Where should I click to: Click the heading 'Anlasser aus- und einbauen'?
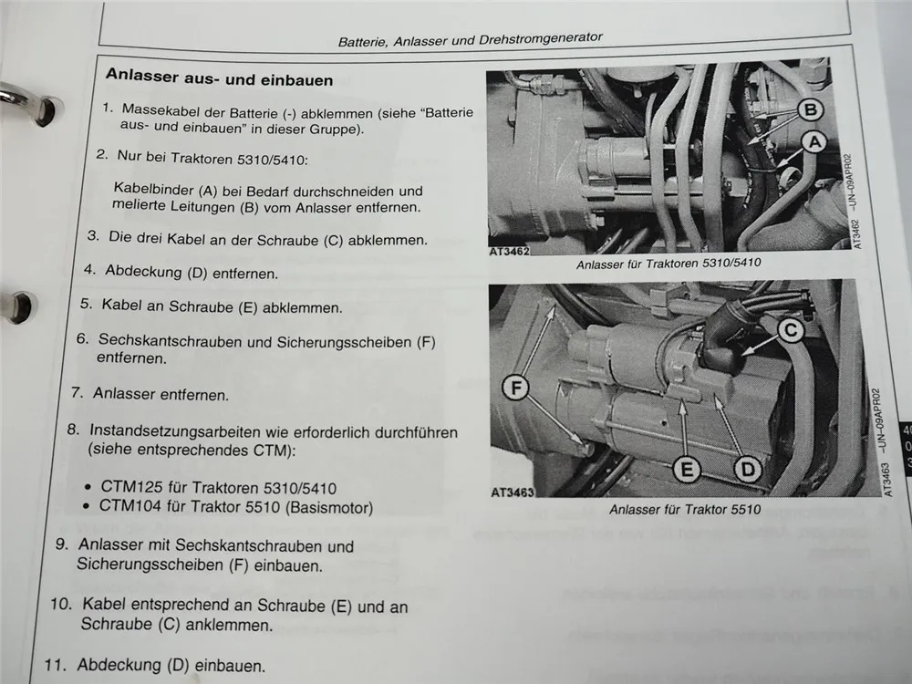pos(219,79)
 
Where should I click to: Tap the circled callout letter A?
pos(814,140)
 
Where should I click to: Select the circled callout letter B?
pos(808,110)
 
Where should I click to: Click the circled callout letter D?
pos(747,469)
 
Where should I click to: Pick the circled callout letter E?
pos(687,469)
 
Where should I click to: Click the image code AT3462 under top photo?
pos(509,249)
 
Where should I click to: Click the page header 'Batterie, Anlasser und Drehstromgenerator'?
pos(470,39)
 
